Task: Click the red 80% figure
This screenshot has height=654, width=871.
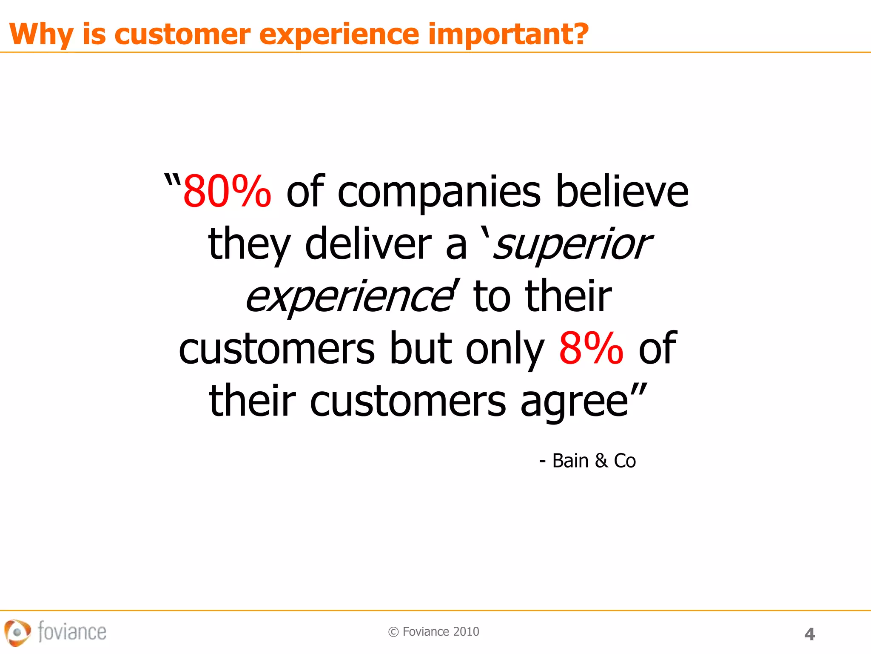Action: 227,192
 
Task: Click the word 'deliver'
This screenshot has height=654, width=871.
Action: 368,244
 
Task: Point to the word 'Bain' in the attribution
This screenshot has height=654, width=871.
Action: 570,461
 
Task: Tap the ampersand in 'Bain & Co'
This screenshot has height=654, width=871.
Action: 601,461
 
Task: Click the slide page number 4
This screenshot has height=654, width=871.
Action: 809,634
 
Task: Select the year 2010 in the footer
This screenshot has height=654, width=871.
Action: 466,632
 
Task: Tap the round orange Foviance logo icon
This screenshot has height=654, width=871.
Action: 17,632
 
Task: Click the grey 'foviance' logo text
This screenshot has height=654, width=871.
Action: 72,631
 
